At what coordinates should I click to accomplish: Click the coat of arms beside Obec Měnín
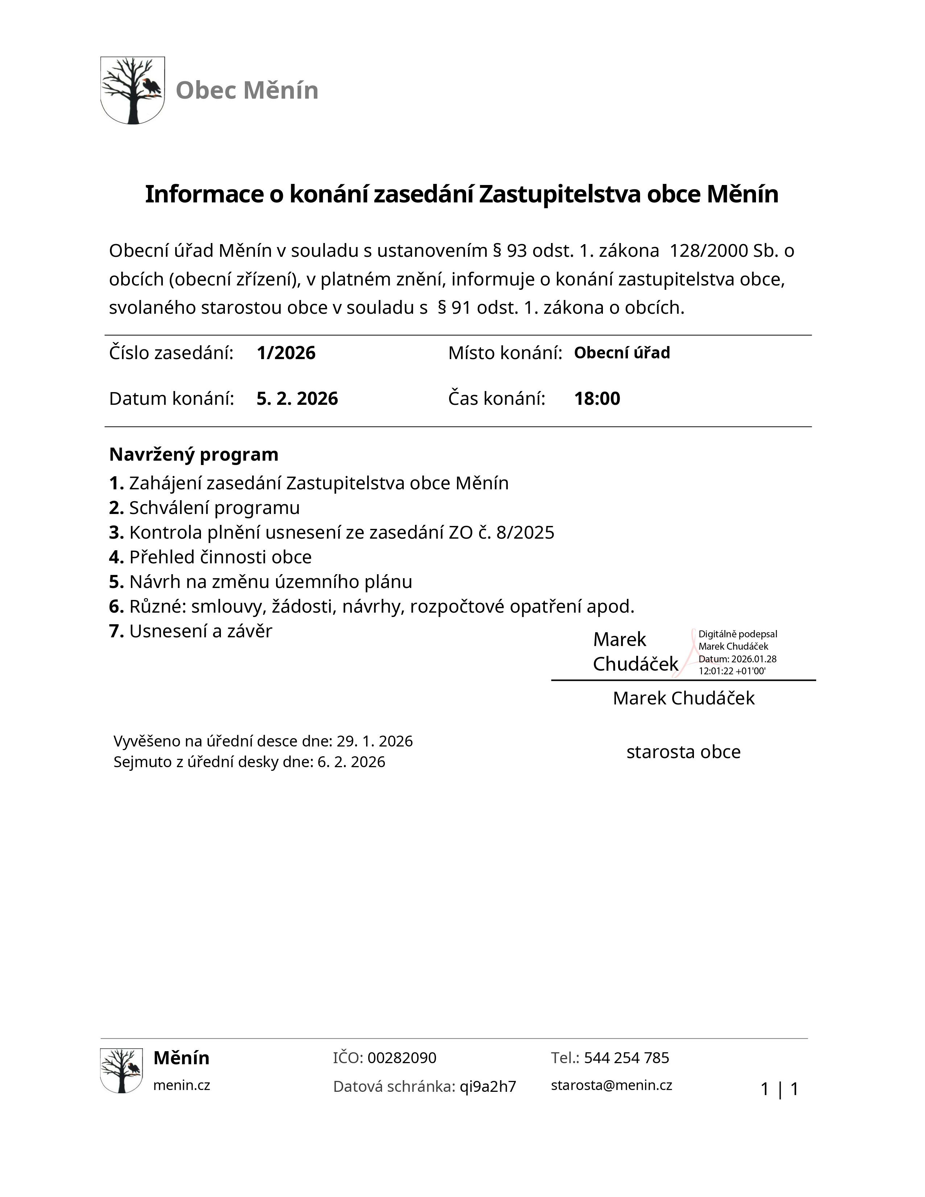coord(133,90)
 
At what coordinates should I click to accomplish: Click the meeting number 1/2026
coord(286,353)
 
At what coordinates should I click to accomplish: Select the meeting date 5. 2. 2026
coord(297,398)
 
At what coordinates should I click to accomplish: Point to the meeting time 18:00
coord(597,398)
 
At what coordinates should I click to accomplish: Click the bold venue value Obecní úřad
coord(622,353)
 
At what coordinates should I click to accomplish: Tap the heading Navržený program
coord(193,454)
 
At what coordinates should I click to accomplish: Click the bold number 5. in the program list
coord(116,581)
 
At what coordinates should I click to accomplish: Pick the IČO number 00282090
coord(402,1058)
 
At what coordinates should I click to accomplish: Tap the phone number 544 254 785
coord(626,1058)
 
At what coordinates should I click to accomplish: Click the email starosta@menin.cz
coord(612,1085)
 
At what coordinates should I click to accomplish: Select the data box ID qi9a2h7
coord(488,1086)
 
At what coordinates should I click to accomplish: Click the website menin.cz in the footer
coord(181,1085)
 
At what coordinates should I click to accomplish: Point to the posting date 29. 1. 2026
coord(374,741)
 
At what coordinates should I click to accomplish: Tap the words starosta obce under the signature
coord(683,752)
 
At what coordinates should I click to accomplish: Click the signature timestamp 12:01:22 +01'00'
coord(732,671)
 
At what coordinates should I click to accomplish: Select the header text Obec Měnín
coord(247,90)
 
